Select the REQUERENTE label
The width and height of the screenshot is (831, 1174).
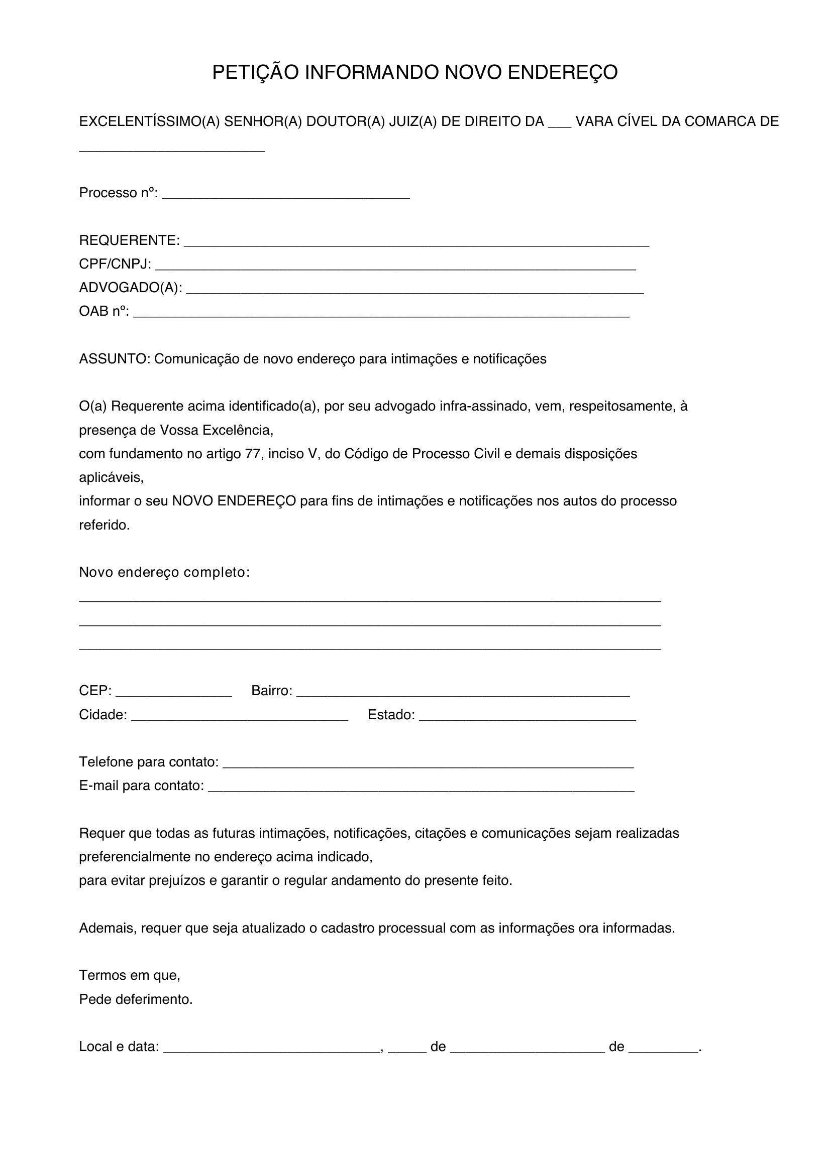pyautogui.click(x=129, y=240)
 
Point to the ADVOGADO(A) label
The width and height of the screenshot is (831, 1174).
pyautogui.click(x=131, y=288)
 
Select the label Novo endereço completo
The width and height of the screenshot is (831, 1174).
pyautogui.click(x=164, y=572)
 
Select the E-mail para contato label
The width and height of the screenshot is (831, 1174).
pyautogui.click(x=141, y=786)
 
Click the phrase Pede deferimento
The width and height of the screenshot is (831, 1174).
pyautogui.click(x=136, y=999)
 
